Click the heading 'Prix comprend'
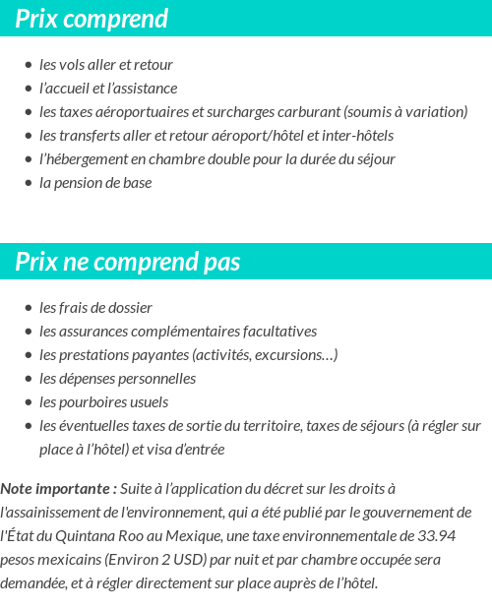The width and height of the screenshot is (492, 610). coord(92,19)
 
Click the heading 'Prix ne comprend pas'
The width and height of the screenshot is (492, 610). coord(128,263)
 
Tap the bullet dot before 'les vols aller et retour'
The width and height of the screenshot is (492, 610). coord(29,65)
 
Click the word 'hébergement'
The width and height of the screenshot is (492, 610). coord(90,159)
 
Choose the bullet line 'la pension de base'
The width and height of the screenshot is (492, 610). coord(95,183)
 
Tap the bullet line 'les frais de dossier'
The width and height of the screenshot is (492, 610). coord(95,308)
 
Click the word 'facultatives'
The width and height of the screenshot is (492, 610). coord(276,332)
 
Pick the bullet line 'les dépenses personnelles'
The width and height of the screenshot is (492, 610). coord(117,379)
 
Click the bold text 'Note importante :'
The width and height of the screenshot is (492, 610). coord(58,489)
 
